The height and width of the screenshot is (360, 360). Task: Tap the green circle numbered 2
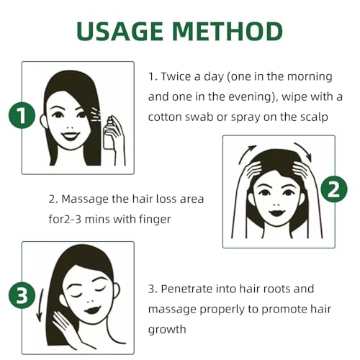333,190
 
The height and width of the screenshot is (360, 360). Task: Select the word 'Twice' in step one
177,76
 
